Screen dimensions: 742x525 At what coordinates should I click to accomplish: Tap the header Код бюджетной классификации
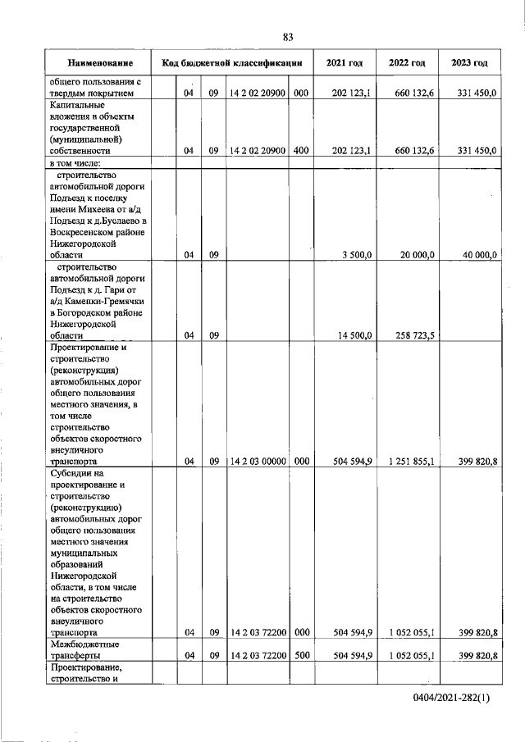pyautogui.click(x=234, y=63)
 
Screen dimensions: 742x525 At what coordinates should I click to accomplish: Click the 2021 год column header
pyautogui.click(x=344, y=63)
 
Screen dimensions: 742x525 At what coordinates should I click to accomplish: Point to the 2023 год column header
pyautogui.click(x=469, y=63)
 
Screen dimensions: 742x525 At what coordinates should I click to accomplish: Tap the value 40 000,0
pyautogui.click(x=479, y=255)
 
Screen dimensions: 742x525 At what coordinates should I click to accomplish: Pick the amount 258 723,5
pyautogui.click(x=415, y=335)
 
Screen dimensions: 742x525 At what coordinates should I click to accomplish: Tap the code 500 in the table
pyautogui.click(x=300, y=656)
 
